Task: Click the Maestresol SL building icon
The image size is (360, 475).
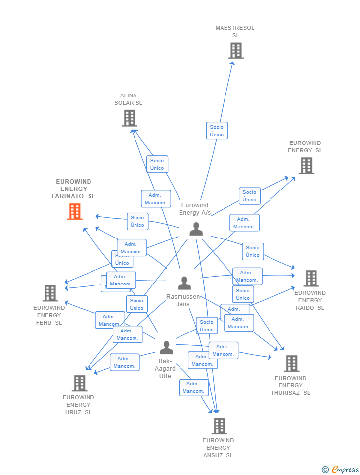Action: [236, 50]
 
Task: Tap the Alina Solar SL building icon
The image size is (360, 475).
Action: [129, 118]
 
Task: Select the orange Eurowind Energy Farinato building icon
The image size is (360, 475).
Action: [75, 212]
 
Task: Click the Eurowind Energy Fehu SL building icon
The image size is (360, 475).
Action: [50, 293]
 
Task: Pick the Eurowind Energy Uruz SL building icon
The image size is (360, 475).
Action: [80, 383]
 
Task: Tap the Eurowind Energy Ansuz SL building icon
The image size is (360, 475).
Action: [219, 426]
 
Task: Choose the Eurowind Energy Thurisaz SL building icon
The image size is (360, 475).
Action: [291, 364]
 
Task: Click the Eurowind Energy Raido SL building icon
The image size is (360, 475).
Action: [311, 279]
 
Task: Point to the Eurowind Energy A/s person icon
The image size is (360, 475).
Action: [196, 229]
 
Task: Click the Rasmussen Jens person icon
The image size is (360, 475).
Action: [184, 284]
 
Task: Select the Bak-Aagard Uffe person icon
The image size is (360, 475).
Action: [166, 348]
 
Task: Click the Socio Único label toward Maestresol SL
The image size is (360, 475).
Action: [217, 131]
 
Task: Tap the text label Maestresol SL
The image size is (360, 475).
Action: [235, 32]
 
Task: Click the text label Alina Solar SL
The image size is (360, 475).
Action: [129, 99]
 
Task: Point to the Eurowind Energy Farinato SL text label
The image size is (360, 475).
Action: [74, 189]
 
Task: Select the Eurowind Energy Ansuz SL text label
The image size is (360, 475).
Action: [218, 448]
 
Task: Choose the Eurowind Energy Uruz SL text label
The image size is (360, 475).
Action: [79, 405]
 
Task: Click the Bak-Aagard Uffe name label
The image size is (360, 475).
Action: [165, 369]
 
